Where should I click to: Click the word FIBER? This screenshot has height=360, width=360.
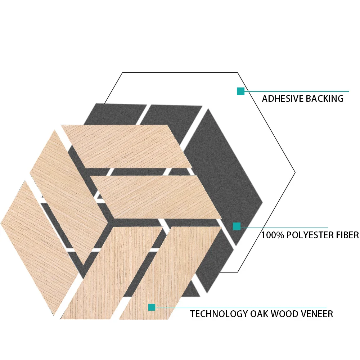[x=348, y=235]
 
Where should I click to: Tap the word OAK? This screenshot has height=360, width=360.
[x=259, y=314]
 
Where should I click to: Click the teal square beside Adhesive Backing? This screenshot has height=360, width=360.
[x=240, y=91]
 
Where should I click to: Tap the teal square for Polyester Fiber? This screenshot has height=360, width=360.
[x=237, y=226]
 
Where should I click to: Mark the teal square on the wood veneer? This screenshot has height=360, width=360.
[x=152, y=307]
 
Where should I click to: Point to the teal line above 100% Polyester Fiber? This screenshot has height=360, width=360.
[x=284, y=228]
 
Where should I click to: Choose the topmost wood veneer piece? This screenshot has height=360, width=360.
[x=126, y=146]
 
